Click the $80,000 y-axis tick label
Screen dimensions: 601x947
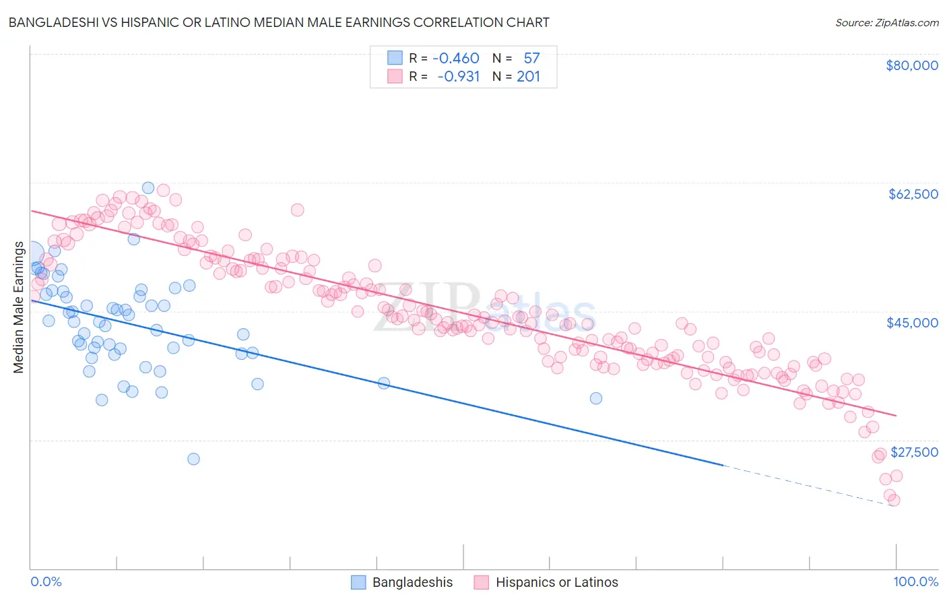(911, 65)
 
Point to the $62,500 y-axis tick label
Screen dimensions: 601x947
(913, 194)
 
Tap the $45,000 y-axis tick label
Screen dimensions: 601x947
(912, 323)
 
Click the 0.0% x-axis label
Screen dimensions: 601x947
(46, 582)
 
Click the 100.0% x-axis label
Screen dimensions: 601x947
(915, 582)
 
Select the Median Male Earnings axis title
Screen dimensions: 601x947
(18, 307)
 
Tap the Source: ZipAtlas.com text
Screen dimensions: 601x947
(886, 23)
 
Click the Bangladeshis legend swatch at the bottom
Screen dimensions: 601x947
(358, 582)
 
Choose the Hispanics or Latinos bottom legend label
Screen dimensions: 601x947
(556, 582)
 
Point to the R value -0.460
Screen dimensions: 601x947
(456, 58)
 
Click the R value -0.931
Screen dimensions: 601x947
(458, 76)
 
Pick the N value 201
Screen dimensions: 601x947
(528, 76)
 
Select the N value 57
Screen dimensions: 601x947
(531, 58)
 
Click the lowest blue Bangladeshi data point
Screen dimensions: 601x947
(193, 459)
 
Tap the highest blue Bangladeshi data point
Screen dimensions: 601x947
(148, 188)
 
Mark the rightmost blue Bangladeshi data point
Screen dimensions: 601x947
(596, 398)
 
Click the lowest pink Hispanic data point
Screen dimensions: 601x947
(894, 500)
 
